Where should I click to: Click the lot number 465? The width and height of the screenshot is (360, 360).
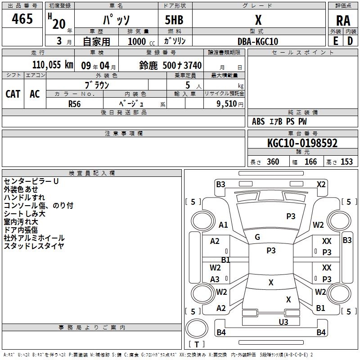pos(22,18)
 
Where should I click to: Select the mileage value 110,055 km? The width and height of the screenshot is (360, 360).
pos(53,65)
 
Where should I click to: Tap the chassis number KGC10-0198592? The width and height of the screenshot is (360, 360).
pos(302,143)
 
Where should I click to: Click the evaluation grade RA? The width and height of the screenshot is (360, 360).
pos(343,21)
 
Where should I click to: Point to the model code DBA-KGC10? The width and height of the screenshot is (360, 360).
pos(258,41)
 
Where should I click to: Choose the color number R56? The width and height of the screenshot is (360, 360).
pos(75,104)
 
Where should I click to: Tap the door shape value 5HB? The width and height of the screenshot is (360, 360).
pos(174,20)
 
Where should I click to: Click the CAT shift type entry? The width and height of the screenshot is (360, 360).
pos(13,94)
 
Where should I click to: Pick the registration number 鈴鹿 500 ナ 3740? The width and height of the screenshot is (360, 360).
pos(171,65)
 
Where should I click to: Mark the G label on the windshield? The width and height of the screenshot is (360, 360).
pos(257,237)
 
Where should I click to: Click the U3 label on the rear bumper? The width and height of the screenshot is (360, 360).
pos(283,322)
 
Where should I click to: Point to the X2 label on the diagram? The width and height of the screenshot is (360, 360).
pos(321,184)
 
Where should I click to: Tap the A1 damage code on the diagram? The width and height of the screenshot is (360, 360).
pos(223,225)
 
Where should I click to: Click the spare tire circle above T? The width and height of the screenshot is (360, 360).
pos(197,328)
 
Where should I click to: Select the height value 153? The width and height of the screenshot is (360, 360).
pos(346,162)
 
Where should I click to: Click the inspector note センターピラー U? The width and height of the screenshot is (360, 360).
pos(31,181)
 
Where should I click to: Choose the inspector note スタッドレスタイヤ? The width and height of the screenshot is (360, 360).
pos(34,246)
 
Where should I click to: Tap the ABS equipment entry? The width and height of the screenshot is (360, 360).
pos(258,121)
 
